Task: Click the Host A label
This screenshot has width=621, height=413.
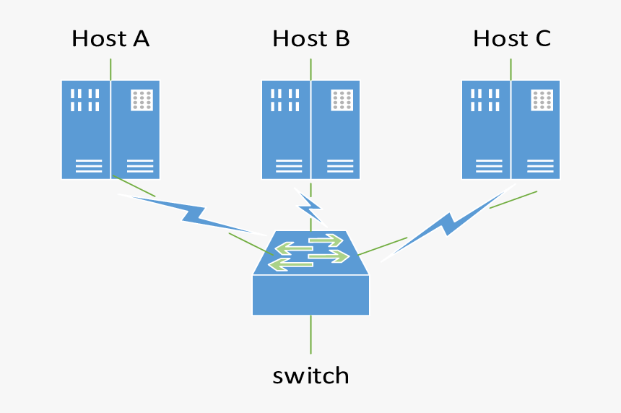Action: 110,38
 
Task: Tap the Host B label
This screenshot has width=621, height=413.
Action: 310,38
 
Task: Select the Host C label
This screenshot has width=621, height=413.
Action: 511,38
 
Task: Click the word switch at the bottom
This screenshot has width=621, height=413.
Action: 310,375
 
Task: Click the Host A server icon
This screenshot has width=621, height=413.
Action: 110,129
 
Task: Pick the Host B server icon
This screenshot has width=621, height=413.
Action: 310,129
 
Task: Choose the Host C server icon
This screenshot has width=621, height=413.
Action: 511,129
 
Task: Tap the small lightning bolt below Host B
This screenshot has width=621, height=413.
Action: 310,207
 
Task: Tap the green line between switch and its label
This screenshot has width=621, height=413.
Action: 310,334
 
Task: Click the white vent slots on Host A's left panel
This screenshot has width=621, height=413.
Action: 84,100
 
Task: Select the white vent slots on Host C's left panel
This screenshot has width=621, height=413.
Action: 485,100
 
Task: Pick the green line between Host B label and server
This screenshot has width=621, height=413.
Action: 310,69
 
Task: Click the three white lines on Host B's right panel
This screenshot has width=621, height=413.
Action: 342,166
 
